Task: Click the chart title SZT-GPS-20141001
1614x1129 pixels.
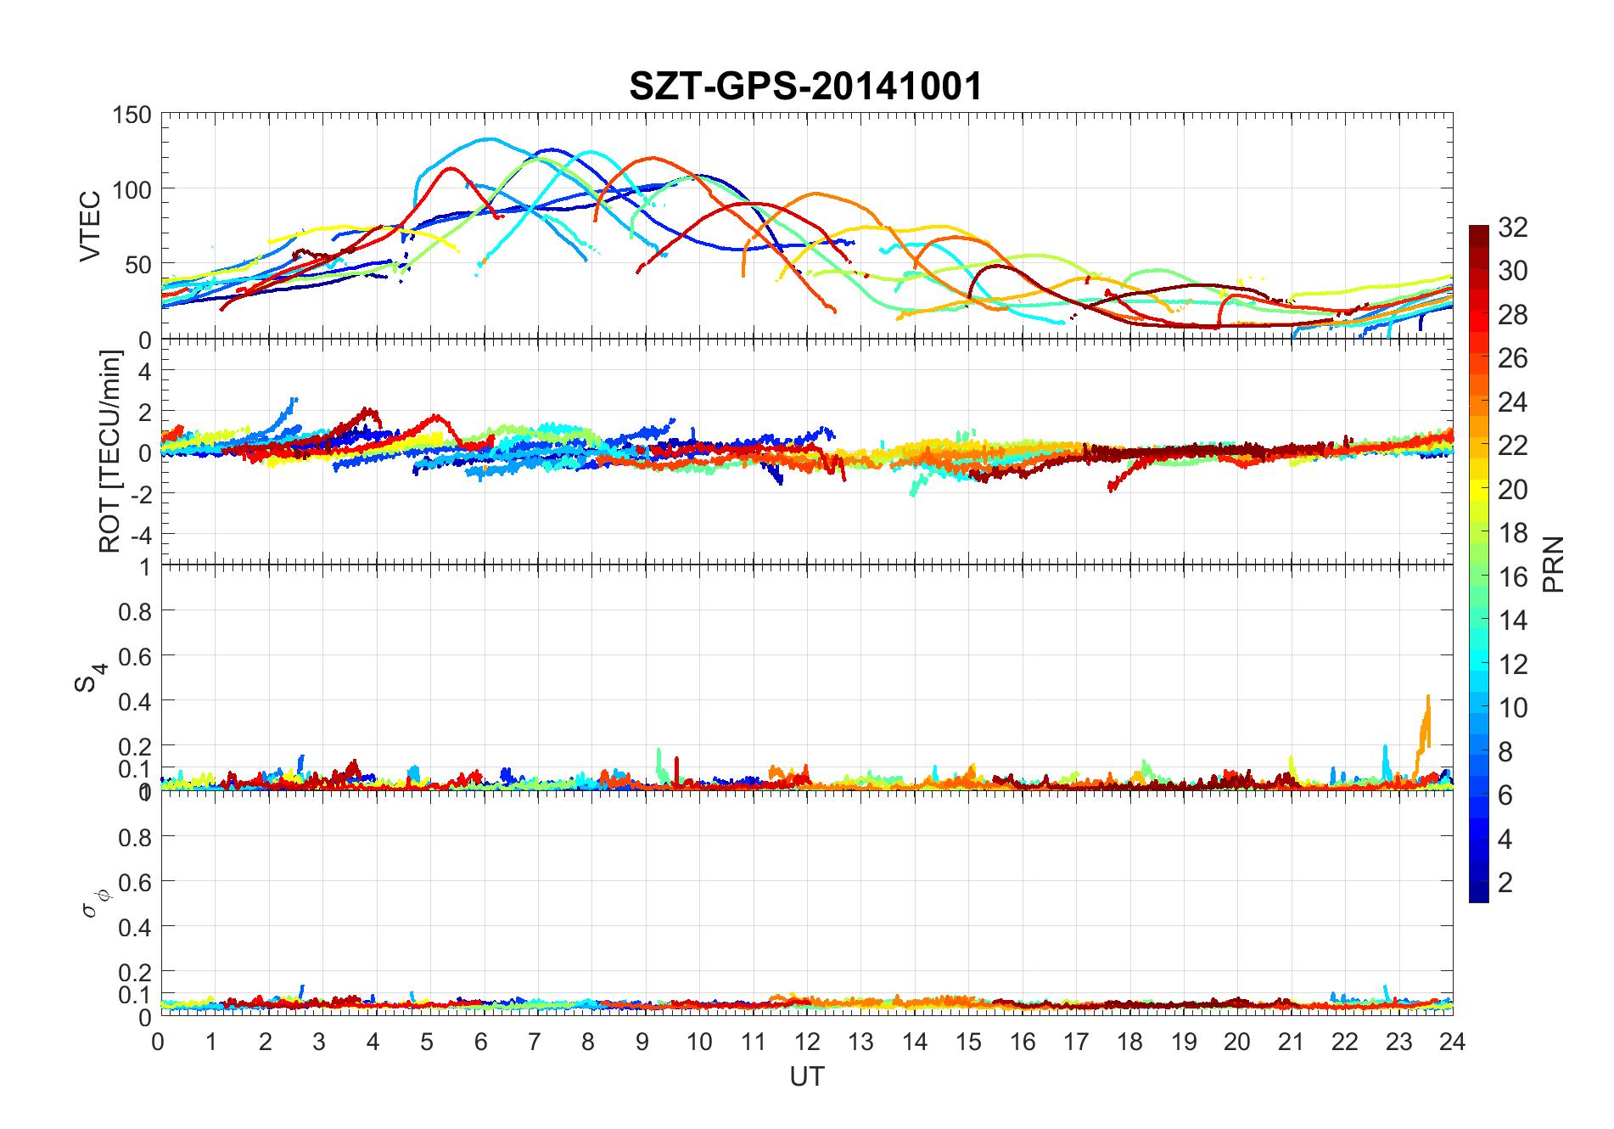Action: [x=805, y=87]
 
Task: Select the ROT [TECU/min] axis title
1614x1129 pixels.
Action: [x=110, y=451]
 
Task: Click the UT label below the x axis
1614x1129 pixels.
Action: [x=806, y=1076]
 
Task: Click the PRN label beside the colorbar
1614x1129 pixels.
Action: [x=1553, y=564]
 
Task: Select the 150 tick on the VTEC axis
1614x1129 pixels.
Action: [x=132, y=115]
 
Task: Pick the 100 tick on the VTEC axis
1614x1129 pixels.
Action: [x=132, y=189]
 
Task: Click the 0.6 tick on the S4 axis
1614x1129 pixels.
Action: [x=135, y=656]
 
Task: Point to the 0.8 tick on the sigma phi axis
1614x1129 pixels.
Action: [x=135, y=837]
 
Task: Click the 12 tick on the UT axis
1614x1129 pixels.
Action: [x=806, y=1042]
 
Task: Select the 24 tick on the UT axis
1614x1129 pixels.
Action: [x=1452, y=1042]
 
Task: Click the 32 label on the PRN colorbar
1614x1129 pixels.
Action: [x=1512, y=227]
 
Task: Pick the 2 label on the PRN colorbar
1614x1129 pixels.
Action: [x=1505, y=882]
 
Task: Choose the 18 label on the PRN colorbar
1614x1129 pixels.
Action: [x=1512, y=533]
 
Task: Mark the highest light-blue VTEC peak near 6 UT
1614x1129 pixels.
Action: [x=487, y=139]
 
